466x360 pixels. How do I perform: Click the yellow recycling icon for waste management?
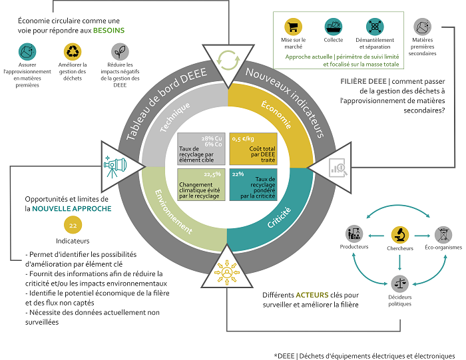coord(71,51)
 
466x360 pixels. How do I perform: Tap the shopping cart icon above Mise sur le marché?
coord(292,27)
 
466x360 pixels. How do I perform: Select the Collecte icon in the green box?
coord(334,27)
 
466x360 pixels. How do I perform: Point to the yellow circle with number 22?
coord(71,225)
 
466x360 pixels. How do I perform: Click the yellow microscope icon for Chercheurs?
coord(399,234)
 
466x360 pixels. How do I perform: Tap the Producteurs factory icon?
coord(354,234)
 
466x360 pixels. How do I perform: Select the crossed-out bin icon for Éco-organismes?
coord(443,234)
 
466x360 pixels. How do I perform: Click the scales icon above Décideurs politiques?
coord(399,282)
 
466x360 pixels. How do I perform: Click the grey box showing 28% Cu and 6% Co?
coord(201,148)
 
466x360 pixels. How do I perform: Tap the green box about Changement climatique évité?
coord(201,184)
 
